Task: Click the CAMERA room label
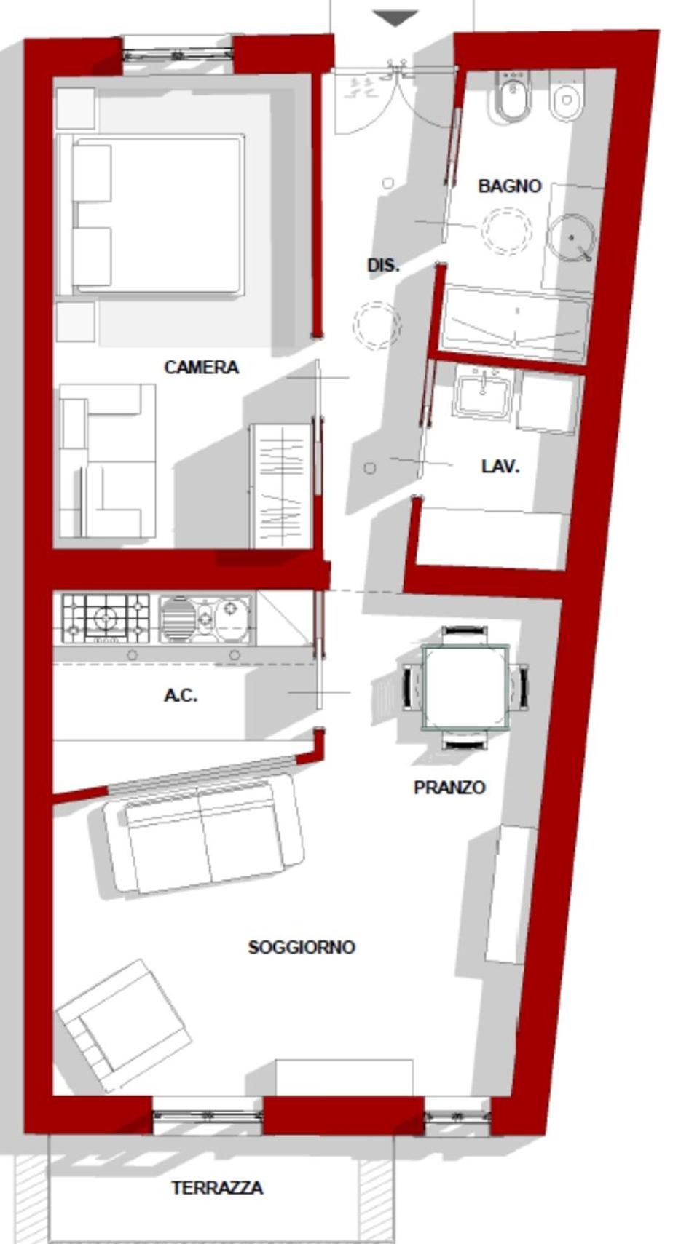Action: [x=202, y=367]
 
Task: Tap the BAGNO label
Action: [x=510, y=186]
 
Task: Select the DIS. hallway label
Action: [x=383, y=266]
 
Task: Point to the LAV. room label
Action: [x=500, y=466]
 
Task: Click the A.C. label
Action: [x=181, y=695]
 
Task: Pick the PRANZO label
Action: [x=449, y=787]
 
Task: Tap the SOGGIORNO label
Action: [x=302, y=947]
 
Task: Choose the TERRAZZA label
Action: [x=217, y=1188]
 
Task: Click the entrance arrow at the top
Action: [x=395, y=17]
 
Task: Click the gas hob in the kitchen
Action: [x=106, y=618]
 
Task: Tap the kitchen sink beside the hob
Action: [x=205, y=619]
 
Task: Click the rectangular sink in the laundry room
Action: [x=484, y=393]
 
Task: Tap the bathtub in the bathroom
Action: [x=515, y=323]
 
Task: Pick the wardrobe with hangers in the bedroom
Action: [x=281, y=486]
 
